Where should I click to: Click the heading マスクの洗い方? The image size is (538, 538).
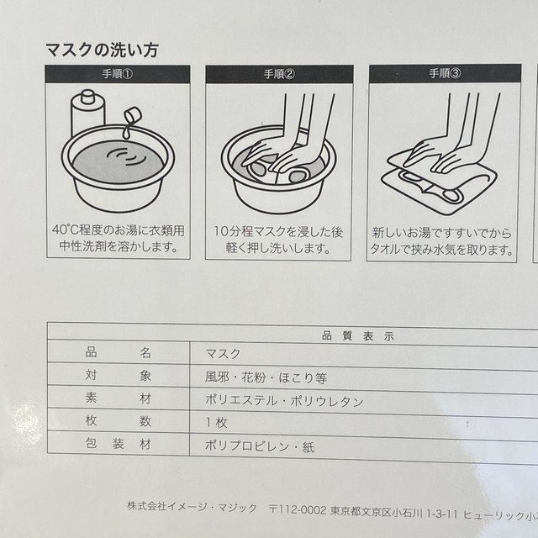pos(102,50)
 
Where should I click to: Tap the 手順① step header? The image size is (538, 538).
pos(118,74)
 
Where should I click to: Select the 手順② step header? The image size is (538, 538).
pos(279,74)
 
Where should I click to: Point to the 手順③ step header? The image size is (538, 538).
pos(445,73)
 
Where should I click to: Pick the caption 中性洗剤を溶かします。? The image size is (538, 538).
pos(119,246)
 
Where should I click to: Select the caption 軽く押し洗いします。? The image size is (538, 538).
pos(278,248)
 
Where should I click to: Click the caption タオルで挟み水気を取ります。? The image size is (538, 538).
pos(441,250)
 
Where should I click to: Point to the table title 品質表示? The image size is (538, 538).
pos(358,336)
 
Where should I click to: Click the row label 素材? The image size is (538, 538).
pos(119,398)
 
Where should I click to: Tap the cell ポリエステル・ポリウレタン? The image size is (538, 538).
pos(284,401)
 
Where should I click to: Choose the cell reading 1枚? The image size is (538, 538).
pos(217,422)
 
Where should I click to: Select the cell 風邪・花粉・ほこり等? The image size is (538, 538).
pos(266,377)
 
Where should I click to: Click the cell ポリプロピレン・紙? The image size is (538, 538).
pos(260,446)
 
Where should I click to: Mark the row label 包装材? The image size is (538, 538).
pos(119,444)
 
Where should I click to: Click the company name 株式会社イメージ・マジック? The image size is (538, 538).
pos(193,507)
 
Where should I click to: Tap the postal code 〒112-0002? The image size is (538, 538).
pos(297,510)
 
